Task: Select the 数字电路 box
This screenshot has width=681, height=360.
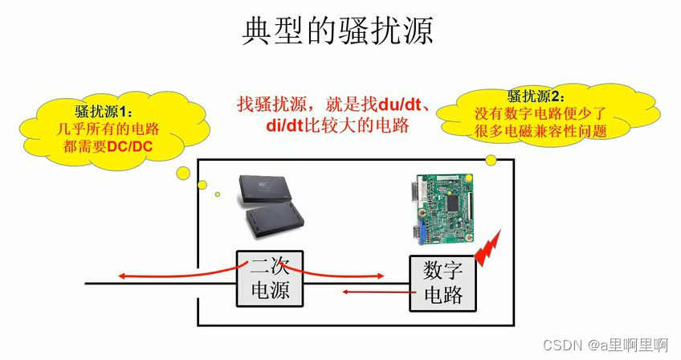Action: pyautogui.click(x=442, y=284)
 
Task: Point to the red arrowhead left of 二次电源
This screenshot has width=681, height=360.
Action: pyautogui.click(x=123, y=277)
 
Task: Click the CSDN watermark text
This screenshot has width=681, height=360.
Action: pyautogui.click(x=561, y=345)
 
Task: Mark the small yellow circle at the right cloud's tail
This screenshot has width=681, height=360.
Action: pyautogui.click(x=491, y=160)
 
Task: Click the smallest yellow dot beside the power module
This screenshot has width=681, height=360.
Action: pyautogui.click(x=217, y=194)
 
